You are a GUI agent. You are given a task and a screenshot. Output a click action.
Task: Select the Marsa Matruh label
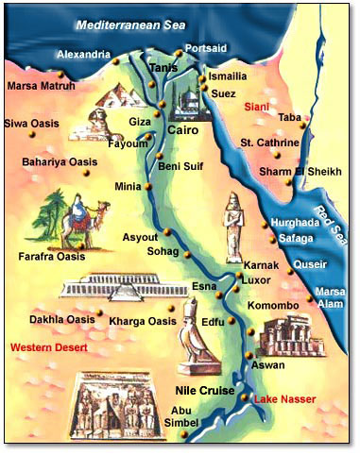[x=40, y=86]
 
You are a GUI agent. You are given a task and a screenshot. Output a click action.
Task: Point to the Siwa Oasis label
[x=34, y=123]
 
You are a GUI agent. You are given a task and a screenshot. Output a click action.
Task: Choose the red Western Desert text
[x=49, y=348]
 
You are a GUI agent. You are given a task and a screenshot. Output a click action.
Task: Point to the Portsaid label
[x=207, y=47]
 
